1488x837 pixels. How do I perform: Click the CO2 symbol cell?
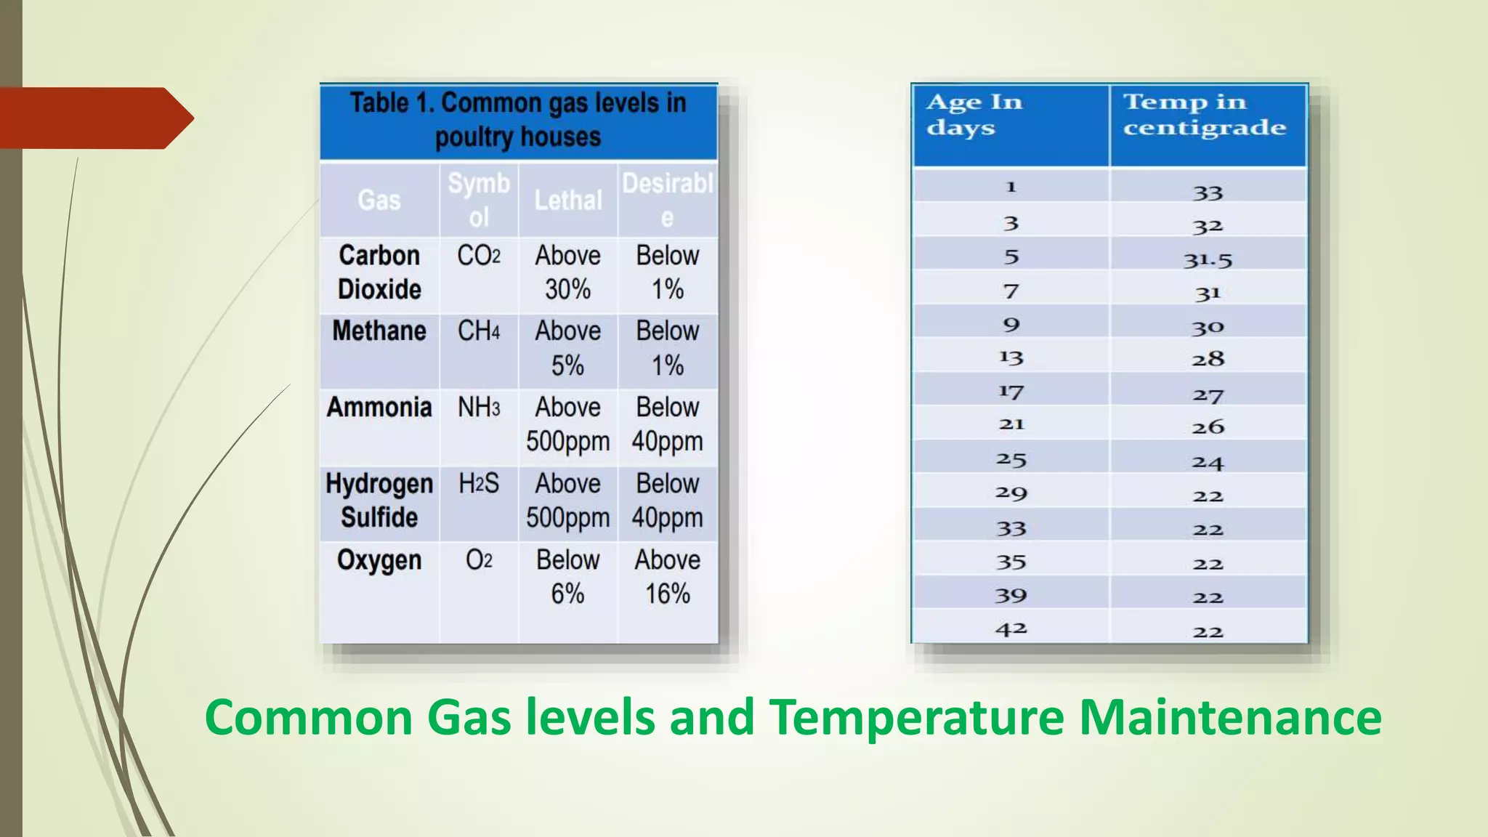[479, 256]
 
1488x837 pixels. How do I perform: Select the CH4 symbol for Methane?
[479, 331]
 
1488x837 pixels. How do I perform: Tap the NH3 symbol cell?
[479, 408]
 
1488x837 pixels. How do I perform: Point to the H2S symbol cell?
[479, 484]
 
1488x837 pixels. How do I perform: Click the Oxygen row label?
[379, 561]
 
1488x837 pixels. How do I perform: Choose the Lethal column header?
[568, 201]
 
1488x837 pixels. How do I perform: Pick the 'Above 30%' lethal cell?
[568, 272]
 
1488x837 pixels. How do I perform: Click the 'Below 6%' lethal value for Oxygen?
[568, 577]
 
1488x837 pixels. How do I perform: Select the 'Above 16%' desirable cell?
[668, 577]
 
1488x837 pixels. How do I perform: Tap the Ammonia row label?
[379, 408]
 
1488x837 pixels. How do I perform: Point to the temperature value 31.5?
[1208, 259]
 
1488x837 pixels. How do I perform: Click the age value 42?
[1011, 629]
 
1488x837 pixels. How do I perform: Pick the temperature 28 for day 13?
[1208, 359]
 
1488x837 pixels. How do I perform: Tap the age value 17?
[1011, 392]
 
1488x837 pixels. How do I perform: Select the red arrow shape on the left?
[94, 118]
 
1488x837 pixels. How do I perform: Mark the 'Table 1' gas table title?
[518, 120]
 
